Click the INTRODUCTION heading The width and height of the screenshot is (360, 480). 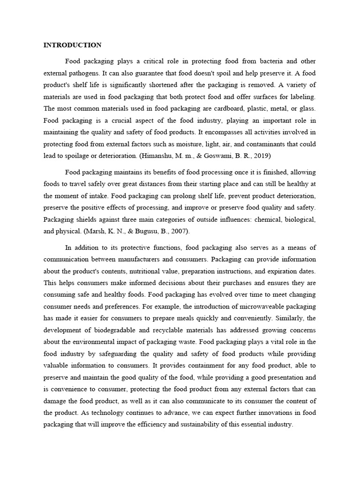[72, 45]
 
